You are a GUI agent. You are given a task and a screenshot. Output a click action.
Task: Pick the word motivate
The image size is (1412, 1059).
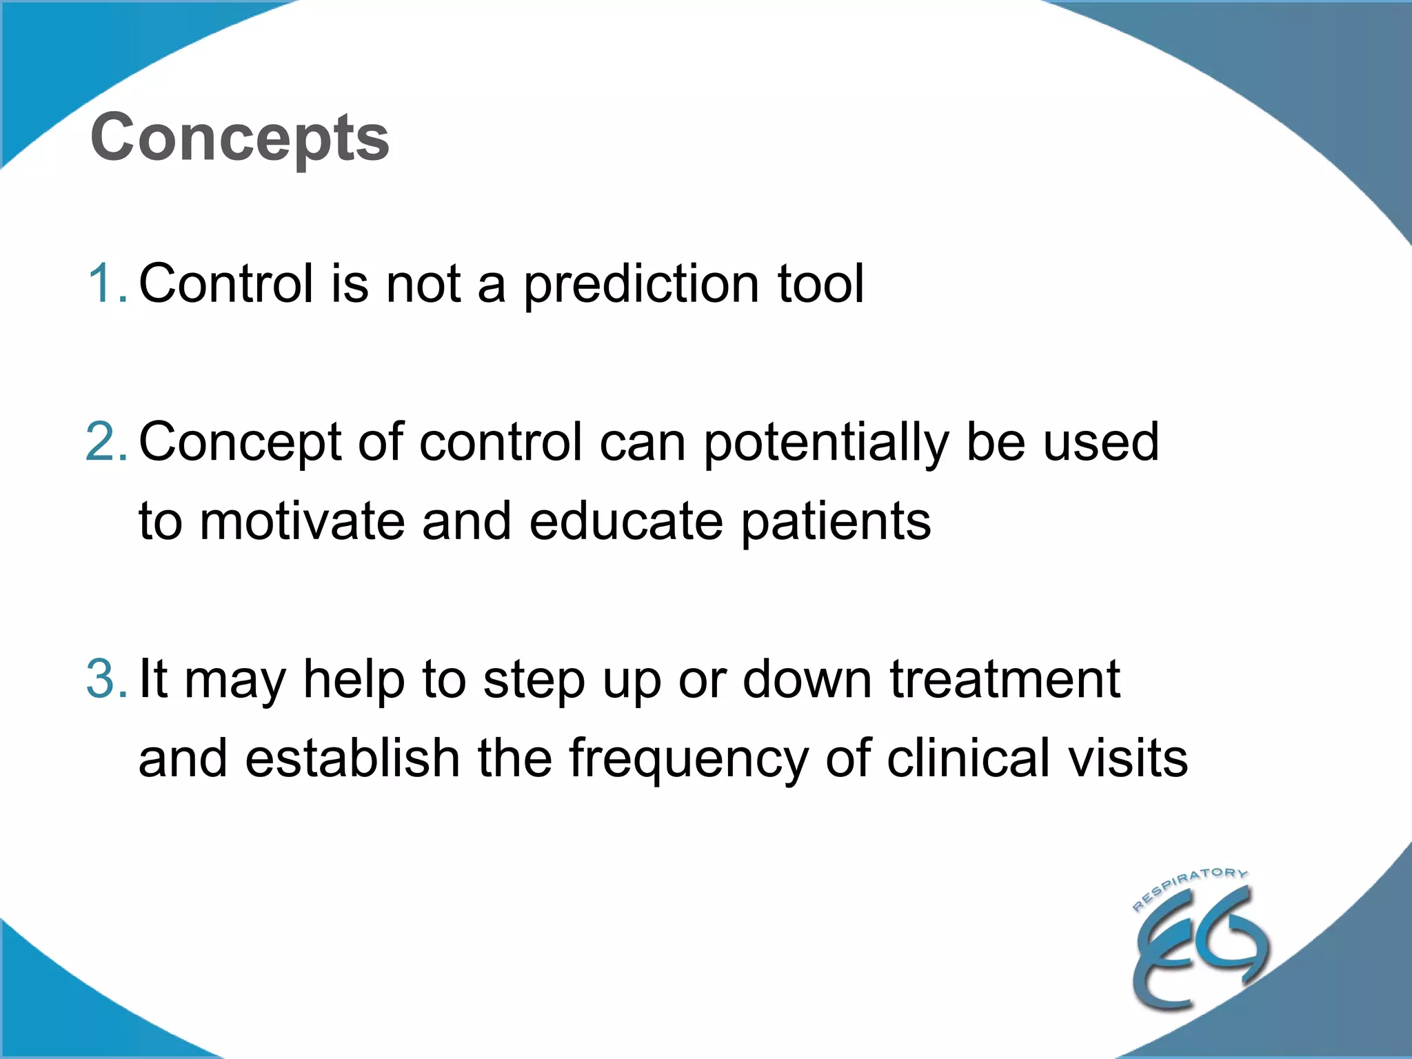(301, 521)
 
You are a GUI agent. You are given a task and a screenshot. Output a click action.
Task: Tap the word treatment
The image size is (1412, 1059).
(1005, 680)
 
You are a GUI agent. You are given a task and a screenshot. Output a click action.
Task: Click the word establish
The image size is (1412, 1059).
(352, 758)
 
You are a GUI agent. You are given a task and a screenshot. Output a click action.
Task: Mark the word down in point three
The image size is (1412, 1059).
(807, 680)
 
